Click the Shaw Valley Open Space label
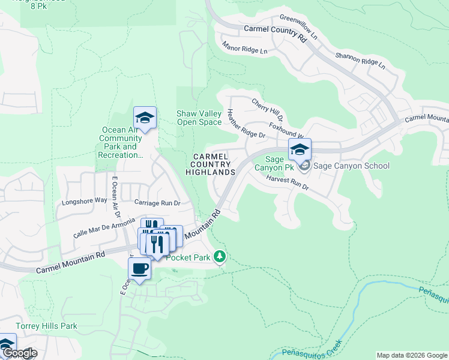(x=199, y=118)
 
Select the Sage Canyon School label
(x=352, y=166)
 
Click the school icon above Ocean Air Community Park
(x=145, y=118)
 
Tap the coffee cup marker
(x=139, y=269)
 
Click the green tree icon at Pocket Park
(x=220, y=257)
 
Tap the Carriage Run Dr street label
(x=157, y=203)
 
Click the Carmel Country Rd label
(x=276, y=32)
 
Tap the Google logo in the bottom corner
(x=19, y=353)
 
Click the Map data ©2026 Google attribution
(x=412, y=355)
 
